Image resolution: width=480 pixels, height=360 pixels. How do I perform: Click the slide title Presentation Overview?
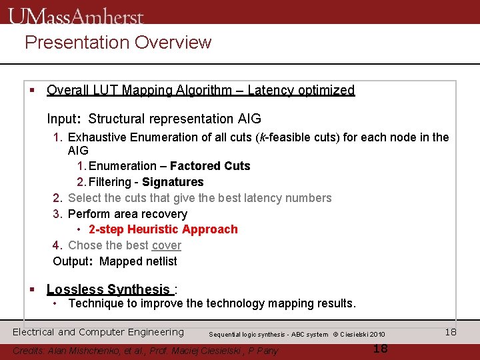tap(118, 43)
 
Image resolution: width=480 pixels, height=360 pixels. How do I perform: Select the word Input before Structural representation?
tap(62, 119)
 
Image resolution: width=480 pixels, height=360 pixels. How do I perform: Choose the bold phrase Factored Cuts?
tap(210, 166)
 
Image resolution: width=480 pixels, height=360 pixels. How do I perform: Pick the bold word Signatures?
tap(173, 182)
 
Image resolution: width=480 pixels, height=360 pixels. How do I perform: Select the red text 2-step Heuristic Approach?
tap(163, 229)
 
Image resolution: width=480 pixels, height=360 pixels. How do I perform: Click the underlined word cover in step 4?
tap(166, 245)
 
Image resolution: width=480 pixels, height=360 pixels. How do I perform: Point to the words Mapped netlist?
tap(138, 261)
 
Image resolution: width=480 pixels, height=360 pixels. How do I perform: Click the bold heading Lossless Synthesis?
tap(108, 289)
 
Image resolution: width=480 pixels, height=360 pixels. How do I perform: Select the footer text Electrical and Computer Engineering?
tap(98, 332)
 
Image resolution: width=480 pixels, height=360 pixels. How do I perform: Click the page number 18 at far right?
tap(451, 332)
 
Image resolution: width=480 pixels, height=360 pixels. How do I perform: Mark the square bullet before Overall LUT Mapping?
tap(31, 90)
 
